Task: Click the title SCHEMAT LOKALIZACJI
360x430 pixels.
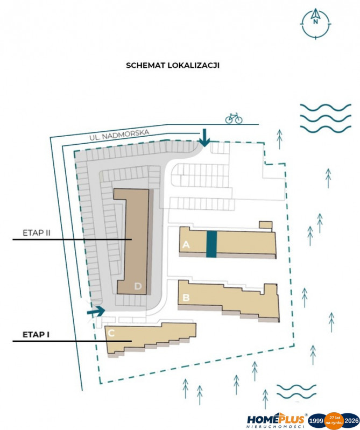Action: [172, 65]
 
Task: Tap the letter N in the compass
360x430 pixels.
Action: [315, 22]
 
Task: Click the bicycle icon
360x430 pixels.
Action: [234, 118]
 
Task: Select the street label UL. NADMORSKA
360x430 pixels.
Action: [119, 135]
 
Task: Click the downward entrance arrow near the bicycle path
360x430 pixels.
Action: [204, 138]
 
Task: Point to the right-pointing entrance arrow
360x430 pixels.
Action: [96, 312]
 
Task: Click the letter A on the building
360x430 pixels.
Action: [186, 244]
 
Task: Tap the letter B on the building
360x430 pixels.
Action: [186, 297]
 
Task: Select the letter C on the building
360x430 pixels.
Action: [111, 333]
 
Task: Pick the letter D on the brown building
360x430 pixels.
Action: [138, 286]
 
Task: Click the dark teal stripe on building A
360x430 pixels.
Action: [211, 244]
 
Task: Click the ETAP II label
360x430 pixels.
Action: [37, 233]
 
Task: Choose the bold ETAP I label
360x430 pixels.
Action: [36, 335]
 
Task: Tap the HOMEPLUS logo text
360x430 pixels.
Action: [276, 419]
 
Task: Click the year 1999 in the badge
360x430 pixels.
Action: [316, 420]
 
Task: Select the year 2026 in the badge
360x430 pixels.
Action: [352, 420]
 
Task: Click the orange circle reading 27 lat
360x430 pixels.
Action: [334, 420]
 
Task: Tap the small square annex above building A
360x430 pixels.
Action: [265, 225]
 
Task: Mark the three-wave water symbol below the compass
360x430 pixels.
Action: [326, 118]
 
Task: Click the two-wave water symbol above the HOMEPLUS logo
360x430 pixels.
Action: [297, 391]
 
